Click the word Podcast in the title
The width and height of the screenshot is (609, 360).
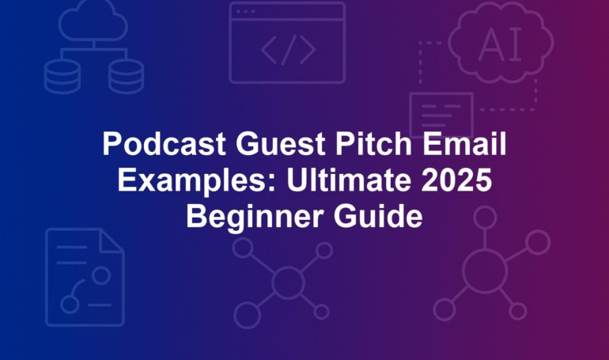(164, 144)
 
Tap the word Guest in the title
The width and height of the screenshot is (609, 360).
(281, 145)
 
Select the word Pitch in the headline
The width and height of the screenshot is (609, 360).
(373, 144)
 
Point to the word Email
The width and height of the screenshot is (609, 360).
(464, 144)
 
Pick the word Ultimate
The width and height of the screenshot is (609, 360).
(348, 180)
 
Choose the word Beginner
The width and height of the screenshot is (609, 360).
(255, 217)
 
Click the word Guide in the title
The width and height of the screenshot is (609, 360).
(378, 216)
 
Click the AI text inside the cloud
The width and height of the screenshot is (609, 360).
(500, 45)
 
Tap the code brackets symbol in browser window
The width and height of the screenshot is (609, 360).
(288, 50)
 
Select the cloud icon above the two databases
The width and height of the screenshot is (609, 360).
(93, 21)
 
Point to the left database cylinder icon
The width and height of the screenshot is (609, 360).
(62, 76)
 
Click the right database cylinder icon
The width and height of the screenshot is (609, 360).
(126, 76)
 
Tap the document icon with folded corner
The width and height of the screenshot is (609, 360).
(85, 277)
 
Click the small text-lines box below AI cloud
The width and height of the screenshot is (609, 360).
(441, 115)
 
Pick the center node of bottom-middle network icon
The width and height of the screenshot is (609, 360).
(288, 282)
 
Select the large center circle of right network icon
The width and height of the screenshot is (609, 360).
(485, 271)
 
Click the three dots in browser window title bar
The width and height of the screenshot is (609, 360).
(245, 12)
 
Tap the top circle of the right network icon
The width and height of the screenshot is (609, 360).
(485, 218)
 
